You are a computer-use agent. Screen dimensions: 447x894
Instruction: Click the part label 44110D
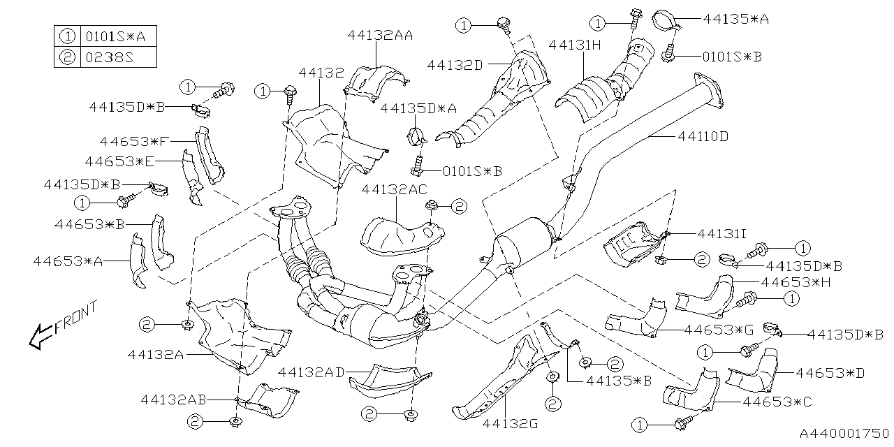pyautogui.click(x=702, y=137)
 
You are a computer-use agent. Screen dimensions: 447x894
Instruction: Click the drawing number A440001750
pyautogui.click(x=843, y=434)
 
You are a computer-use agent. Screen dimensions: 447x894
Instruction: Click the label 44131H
pyautogui.click(x=575, y=45)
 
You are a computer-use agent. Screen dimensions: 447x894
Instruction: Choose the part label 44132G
pyautogui.click(x=508, y=423)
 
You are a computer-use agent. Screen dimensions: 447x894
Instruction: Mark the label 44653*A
pyautogui.click(x=67, y=261)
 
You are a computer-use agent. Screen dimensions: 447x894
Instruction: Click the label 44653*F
pyautogui.click(x=134, y=142)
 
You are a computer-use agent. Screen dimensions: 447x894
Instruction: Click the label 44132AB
pyautogui.click(x=173, y=400)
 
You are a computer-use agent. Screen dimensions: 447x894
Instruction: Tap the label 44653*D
pyautogui.click(x=830, y=373)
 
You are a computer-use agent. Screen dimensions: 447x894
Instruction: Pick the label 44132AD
pyautogui.click(x=312, y=372)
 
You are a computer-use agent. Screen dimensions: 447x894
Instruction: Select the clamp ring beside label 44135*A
pyautogui.click(x=666, y=20)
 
